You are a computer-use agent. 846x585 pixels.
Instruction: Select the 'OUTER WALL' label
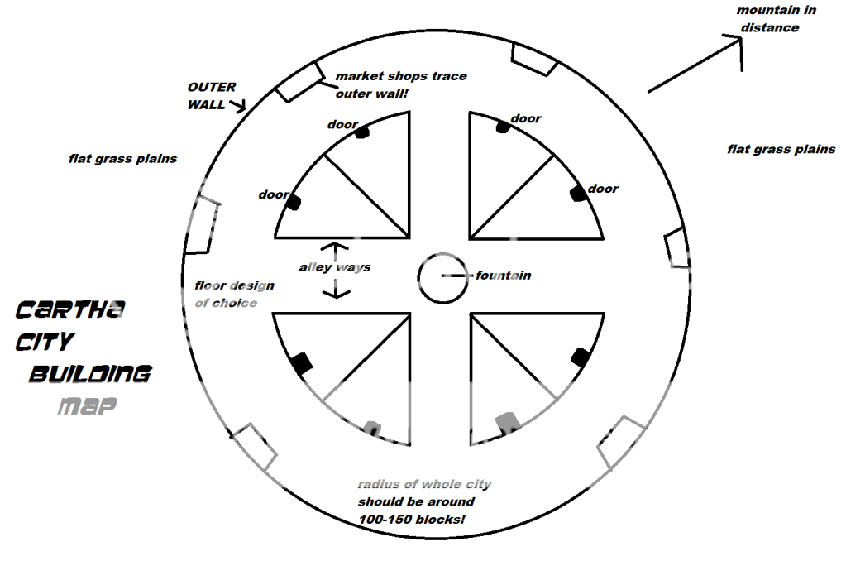tap(212, 95)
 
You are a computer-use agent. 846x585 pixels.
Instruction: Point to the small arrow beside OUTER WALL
tap(239, 106)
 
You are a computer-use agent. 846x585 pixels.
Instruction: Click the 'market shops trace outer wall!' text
tap(400, 84)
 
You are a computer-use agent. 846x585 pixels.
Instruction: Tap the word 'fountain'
tap(503, 276)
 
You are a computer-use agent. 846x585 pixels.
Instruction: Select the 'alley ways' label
tap(335, 267)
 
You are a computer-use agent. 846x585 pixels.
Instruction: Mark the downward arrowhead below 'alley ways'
tap(334, 294)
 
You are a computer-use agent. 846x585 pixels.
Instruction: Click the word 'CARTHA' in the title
tap(70, 310)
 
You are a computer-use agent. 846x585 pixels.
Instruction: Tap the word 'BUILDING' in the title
tap(90, 374)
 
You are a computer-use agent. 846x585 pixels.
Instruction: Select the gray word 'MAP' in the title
tap(86, 406)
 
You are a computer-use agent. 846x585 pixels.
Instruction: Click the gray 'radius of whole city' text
tap(423, 485)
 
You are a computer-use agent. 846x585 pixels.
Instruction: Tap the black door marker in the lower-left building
tap(302, 362)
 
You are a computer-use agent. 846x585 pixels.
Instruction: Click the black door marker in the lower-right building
tap(581, 357)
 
